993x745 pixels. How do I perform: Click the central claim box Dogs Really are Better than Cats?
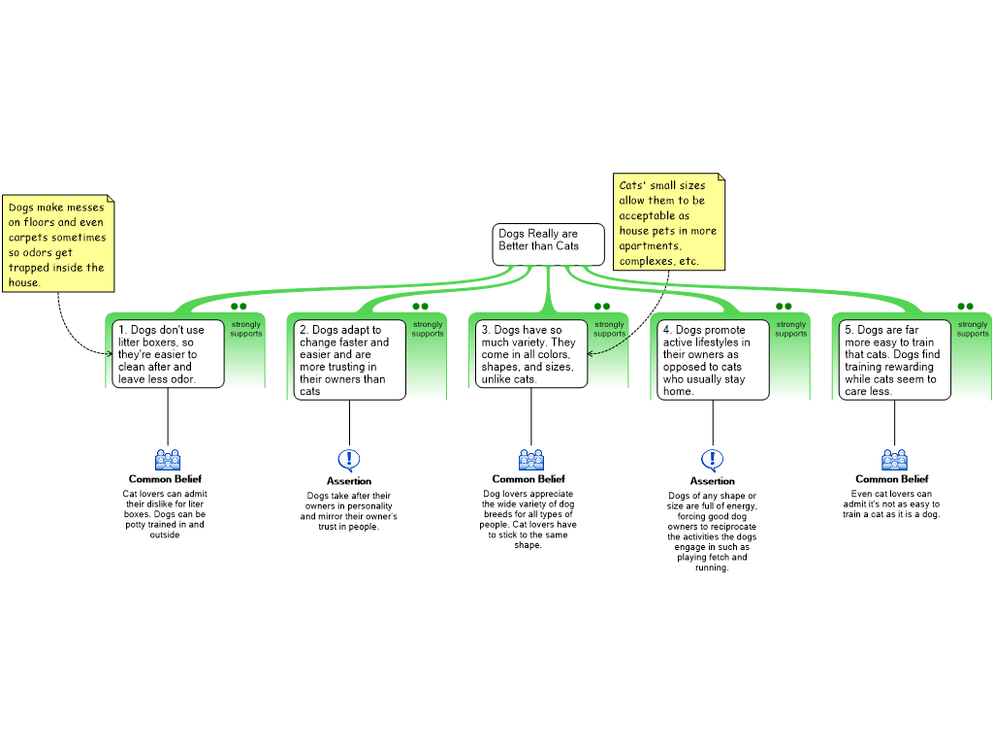(548, 243)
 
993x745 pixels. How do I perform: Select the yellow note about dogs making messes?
(58, 244)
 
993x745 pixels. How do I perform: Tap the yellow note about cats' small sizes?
(670, 222)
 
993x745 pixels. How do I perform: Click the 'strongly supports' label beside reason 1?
(245, 329)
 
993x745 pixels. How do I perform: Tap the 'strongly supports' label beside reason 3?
(609, 329)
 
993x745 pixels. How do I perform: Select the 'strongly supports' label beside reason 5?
(973, 329)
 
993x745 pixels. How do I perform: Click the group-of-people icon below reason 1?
(168, 460)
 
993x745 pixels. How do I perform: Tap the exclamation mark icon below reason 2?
(349, 460)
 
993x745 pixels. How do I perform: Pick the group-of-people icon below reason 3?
(531, 460)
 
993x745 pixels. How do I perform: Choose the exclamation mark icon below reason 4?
(713, 460)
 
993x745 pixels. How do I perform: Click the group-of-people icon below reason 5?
(894, 460)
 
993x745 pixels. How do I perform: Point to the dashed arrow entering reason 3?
(608, 347)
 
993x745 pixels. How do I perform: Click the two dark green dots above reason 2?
(420, 307)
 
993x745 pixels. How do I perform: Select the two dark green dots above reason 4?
(784, 307)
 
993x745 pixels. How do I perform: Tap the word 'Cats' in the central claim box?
(566, 246)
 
